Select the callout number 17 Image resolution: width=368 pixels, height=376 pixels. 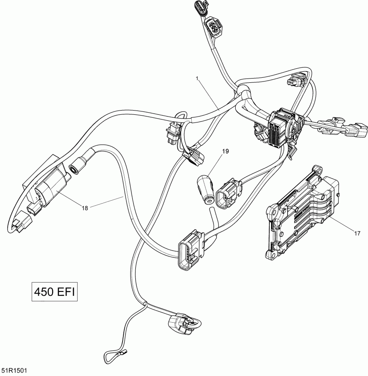coord(357,233)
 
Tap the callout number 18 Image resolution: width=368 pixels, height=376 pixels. coord(85,208)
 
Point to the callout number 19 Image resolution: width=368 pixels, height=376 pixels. coord(225,151)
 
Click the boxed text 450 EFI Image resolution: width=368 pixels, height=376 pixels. coord(55,292)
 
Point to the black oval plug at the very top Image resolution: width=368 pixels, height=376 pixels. coord(199,7)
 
